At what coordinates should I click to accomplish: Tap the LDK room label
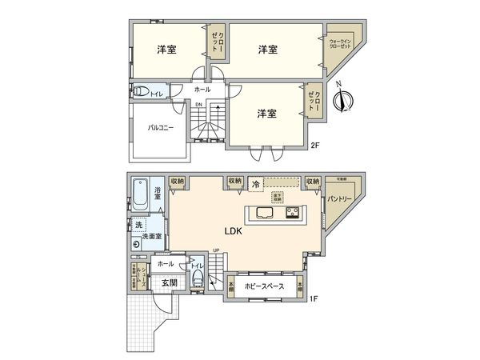coord(234,233)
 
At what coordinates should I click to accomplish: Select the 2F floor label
coord(315,146)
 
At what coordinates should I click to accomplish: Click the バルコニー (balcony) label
coord(160,127)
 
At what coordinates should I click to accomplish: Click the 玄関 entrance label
coord(168,282)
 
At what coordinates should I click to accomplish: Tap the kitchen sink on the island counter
coord(264,213)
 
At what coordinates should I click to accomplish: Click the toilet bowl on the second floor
coord(141,91)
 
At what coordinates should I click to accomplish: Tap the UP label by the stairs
coord(216,250)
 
